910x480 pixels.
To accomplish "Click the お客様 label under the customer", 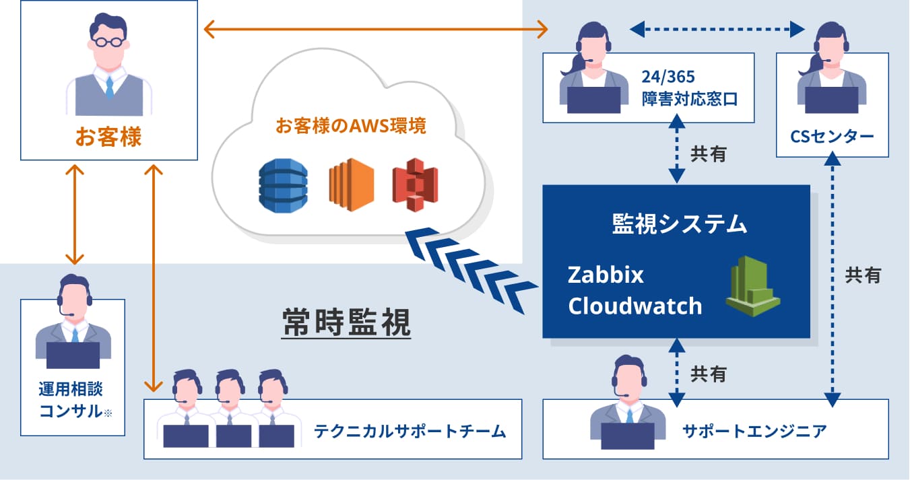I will pyautogui.click(x=108, y=138).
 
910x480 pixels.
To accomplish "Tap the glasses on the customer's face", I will pyautogui.click(x=108, y=40).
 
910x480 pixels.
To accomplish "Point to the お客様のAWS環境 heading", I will pyautogui.click(x=350, y=126).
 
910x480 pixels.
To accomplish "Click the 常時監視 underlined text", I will pyautogui.click(x=346, y=323).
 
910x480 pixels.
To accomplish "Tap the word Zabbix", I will pyautogui.click(x=606, y=275).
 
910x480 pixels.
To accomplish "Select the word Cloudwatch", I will pyautogui.click(x=635, y=306).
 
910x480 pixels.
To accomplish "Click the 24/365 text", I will pyautogui.click(x=668, y=75).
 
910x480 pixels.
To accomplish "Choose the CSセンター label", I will pyautogui.click(x=833, y=137).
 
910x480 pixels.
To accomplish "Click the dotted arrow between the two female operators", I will pyautogui.click(x=717, y=29).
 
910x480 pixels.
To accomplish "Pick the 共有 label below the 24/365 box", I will pyautogui.click(x=708, y=153).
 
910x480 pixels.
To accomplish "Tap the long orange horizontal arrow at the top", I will pyautogui.click(x=375, y=29).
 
